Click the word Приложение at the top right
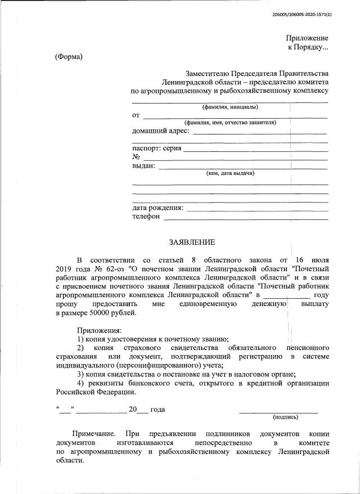[307, 38]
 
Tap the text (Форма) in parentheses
[69, 57]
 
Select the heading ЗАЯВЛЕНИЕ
[192, 242]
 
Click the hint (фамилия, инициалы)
[230, 107]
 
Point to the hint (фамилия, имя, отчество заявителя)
[230, 123]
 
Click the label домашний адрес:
[161, 131]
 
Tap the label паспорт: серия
[156, 149]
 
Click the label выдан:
[143, 165]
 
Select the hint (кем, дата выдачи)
[230, 173]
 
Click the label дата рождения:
[157, 208]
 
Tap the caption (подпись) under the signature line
[286, 417]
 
